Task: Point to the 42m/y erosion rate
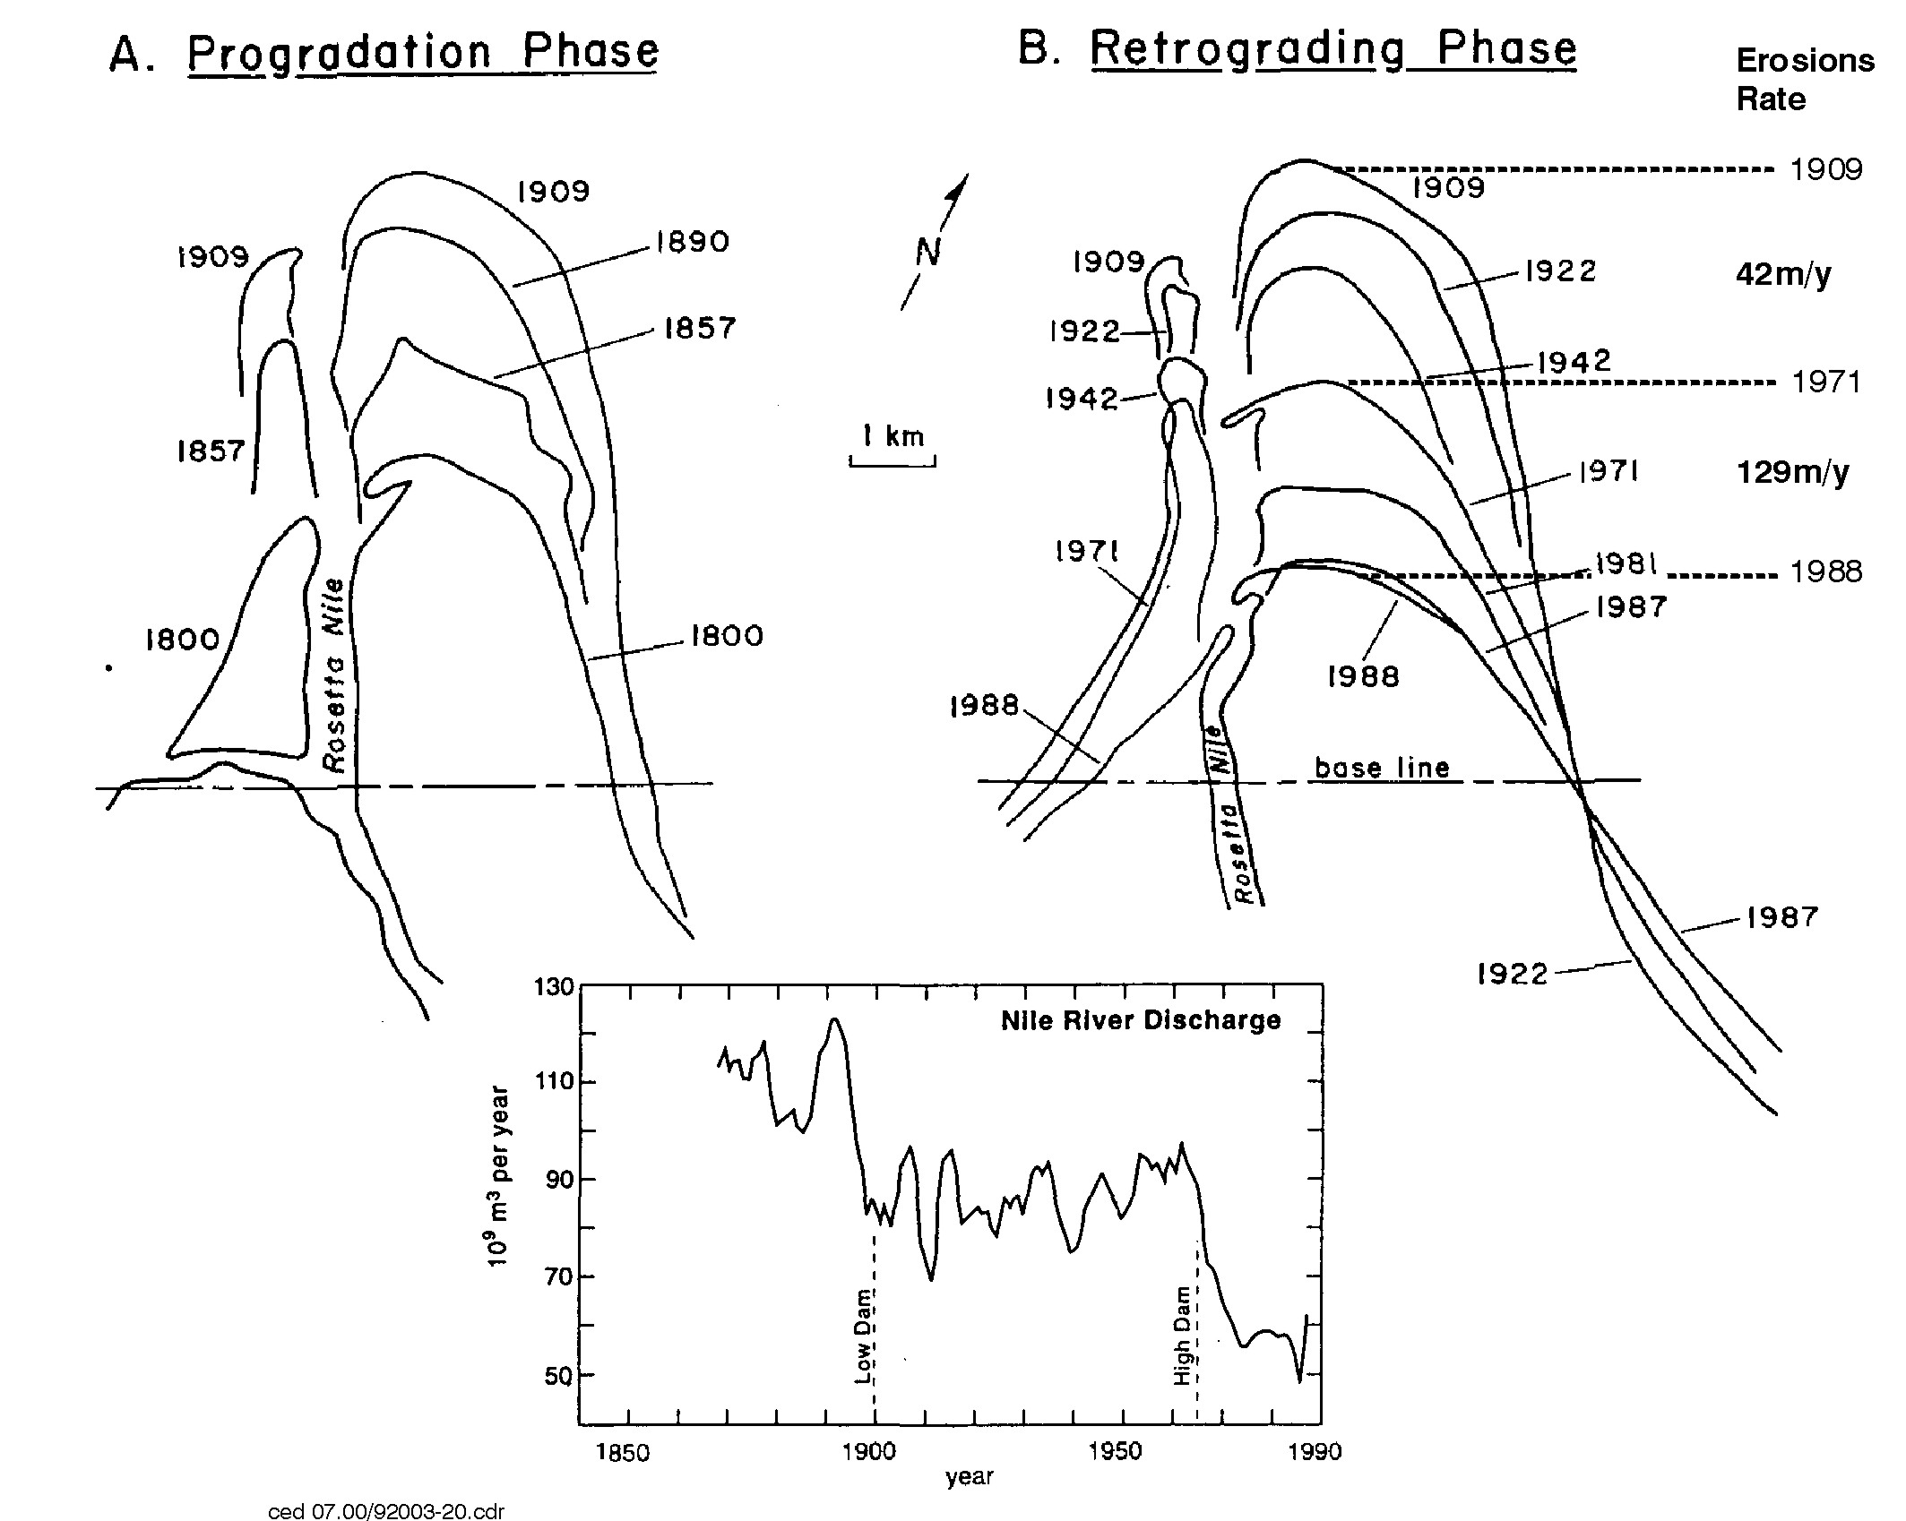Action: [1783, 274]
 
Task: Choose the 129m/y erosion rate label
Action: [1792, 471]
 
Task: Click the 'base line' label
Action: [1381, 767]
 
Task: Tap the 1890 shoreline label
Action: [693, 242]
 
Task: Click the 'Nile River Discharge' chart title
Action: [1141, 1020]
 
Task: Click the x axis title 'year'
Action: [970, 1477]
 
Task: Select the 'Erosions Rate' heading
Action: [1805, 79]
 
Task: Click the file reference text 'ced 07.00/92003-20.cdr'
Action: [386, 1511]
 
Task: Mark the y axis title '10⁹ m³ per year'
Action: [498, 1176]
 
